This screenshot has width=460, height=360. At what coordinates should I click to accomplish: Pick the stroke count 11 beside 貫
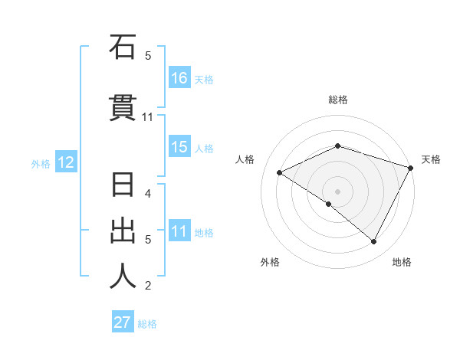[x=148, y=117]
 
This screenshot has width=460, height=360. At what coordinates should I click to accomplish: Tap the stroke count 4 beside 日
[x=148, y=194]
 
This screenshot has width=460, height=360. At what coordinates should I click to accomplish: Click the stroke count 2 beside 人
[x=148, y=286]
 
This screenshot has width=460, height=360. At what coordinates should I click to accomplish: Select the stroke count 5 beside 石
[x=148, y=56]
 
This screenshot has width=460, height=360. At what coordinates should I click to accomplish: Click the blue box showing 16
[x=179, y=78]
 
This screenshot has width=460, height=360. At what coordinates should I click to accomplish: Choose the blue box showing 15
[x=179, y=148]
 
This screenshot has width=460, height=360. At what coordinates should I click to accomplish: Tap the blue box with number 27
[x=123, y=322]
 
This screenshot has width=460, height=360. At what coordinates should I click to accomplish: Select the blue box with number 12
[x=65, y=162]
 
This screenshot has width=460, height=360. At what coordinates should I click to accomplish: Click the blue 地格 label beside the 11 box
[x=204, y=233]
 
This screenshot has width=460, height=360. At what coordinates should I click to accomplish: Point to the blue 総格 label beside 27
[x=147, y=324]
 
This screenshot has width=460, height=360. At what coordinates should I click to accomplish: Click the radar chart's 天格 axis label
[x=432, y=159]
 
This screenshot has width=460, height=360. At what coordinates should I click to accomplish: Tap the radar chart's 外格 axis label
[x=270, y=262]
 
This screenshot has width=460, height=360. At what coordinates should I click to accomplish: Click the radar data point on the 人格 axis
[x=280, y=173]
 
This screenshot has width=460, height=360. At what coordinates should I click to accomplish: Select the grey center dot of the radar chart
[x=337, y=191]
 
